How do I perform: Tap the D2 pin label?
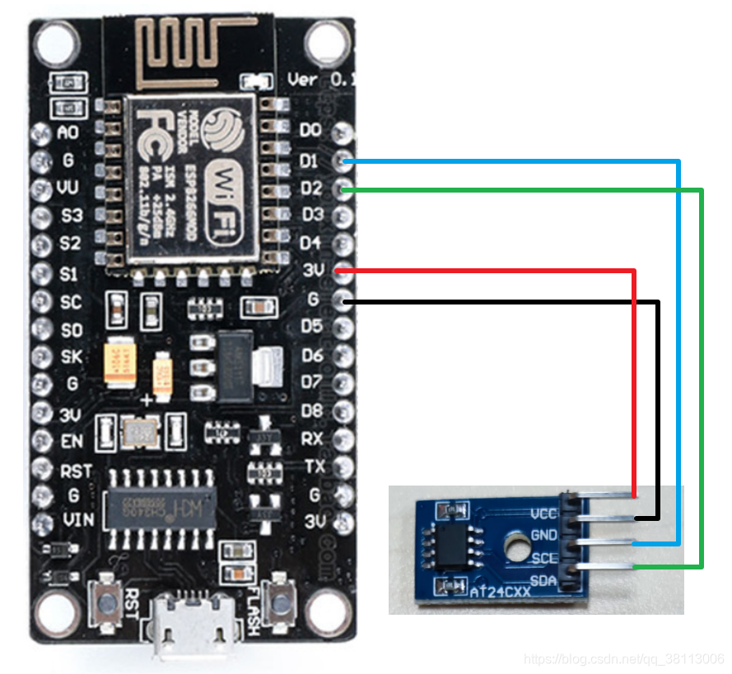(310, 188)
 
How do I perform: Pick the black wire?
(658, 395)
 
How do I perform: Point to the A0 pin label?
(68, 132)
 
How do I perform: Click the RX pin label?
(312, 439)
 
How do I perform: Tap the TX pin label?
(314, 467)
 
